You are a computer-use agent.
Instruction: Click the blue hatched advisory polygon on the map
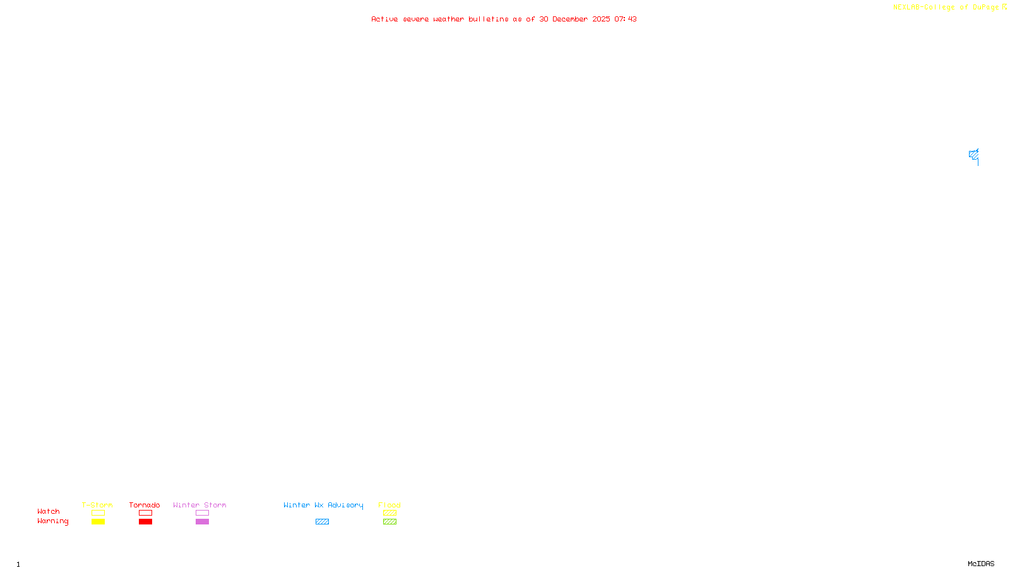[x=973, y=155]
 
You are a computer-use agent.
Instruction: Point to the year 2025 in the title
[x=601, y=19]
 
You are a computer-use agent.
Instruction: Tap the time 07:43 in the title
[x=626, y=19]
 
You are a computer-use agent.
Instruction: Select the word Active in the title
[x=384, y=19]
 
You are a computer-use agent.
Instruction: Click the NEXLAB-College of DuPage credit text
[x=946, y=7]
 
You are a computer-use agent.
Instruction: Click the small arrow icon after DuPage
[x=1004, y=7]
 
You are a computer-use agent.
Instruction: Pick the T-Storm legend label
[x=97, y=505]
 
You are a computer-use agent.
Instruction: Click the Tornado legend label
[x=145, y=505]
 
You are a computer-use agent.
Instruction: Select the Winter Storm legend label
[x=199, y=505]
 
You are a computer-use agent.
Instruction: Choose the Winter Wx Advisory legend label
[x=323, y=505]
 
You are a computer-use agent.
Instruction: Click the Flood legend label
[x=389, y=505]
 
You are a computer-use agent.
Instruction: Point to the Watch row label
[x=49, y=511]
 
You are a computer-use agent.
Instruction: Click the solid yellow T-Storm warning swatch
[x=98, y=522]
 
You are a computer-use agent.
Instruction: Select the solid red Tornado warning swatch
[x=145, y=522]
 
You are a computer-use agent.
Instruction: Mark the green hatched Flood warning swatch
[x=389, y=522]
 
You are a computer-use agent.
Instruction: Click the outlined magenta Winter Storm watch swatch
[x=202, y=513]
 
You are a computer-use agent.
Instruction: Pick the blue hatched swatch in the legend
[x=322, y=522]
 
